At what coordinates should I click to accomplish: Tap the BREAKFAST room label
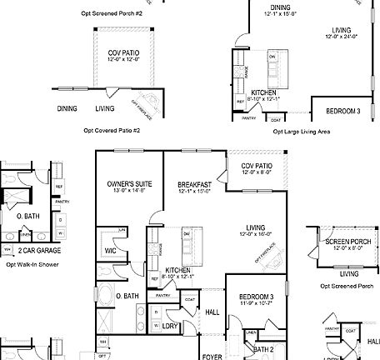(194, 183)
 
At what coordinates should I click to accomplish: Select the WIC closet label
(110, 249)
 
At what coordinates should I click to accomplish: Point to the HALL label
(212, 312)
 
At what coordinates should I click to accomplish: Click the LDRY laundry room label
(170, 326)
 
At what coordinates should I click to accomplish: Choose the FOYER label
(212, 356)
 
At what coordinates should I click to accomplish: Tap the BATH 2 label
(264, 349)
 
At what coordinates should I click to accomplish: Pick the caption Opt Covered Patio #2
(112, 131)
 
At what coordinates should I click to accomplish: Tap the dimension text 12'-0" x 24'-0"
(340, 37)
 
